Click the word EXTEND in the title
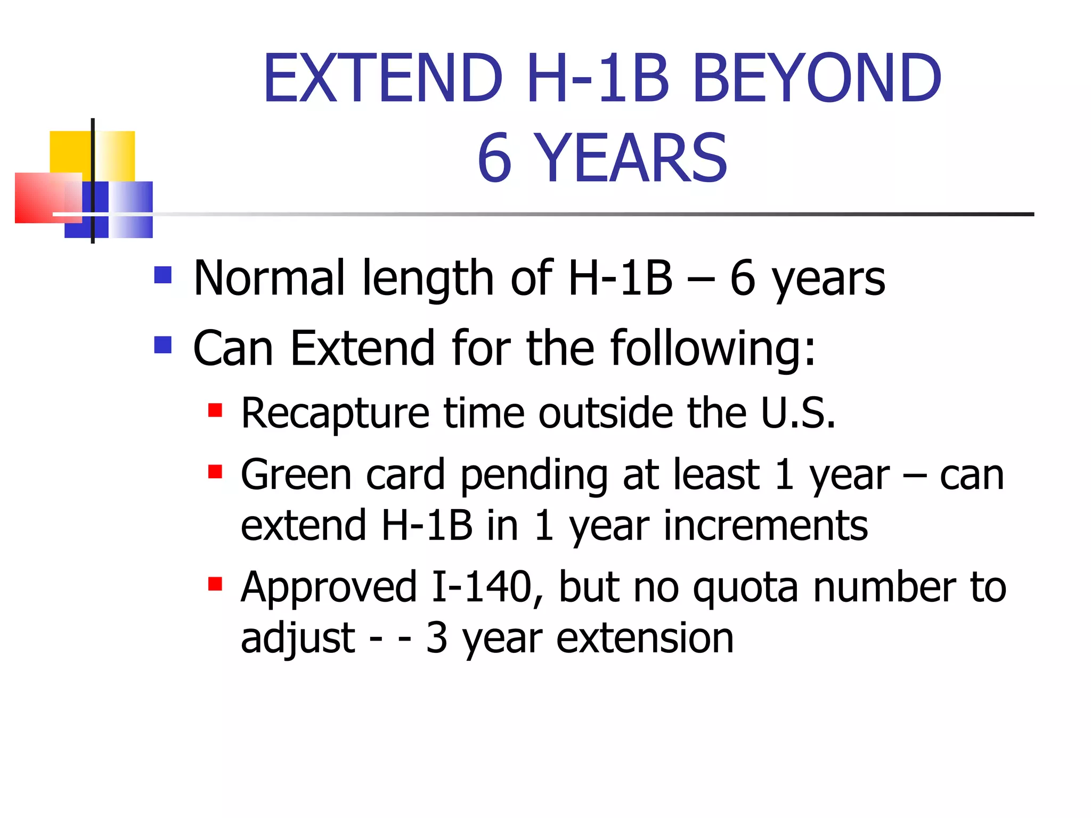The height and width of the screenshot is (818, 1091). pos(383,78)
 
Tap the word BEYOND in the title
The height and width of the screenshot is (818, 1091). pos(817,78)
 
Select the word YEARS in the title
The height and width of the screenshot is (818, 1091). pos(630,158)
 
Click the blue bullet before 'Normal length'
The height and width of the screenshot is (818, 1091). pos(163,275)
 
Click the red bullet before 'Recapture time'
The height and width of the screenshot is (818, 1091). pos(215,411)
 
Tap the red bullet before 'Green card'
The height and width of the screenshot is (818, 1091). pos(215,472)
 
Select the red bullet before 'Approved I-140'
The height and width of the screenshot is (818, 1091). pos(215,584)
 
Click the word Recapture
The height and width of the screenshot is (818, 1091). pos(335,413)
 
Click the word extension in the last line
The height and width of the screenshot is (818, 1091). pos(645,638)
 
